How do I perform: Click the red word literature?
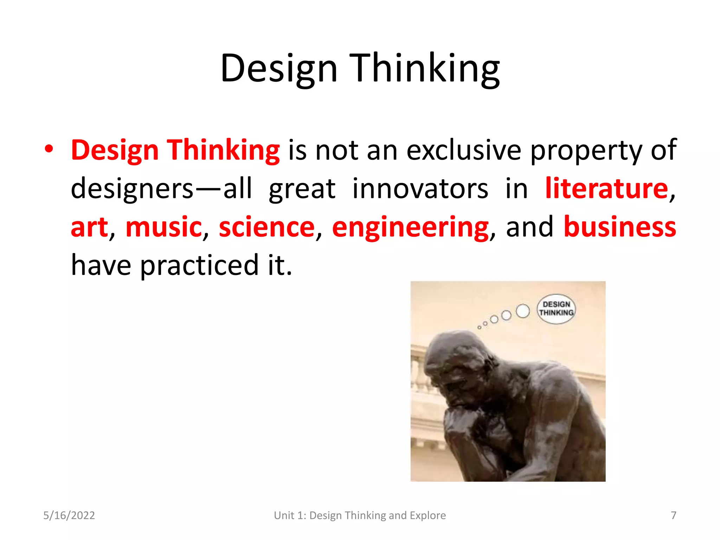pos(606,188)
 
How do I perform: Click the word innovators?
pos(420,188)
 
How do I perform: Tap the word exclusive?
pos(464,150)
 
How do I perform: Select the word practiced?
pos(199,266)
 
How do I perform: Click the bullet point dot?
pos(49,149)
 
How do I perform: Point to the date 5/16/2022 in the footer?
pos(69,515)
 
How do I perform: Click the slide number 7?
pos(673,515)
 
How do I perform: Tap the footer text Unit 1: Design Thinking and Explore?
pos(360,515)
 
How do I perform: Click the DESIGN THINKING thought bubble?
pos(556,309)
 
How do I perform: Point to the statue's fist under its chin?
pos(461,422)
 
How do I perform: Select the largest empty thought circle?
pos(523,311)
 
